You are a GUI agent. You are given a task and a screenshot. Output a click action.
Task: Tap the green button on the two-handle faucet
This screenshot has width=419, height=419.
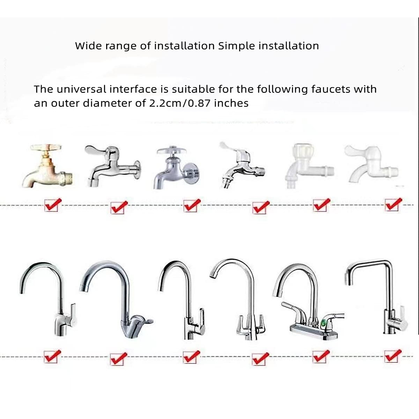click(327, 322)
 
